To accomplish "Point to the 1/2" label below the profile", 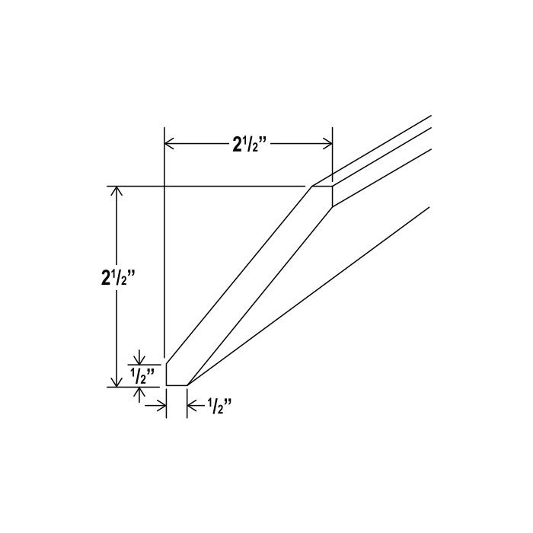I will point(219,406).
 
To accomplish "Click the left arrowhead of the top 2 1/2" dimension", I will point(171,143).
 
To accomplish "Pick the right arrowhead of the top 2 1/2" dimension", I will point(327,143).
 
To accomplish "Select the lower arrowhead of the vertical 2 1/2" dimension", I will point(116,380).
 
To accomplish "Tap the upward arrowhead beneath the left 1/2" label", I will point(140,391).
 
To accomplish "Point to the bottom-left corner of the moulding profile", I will point(166,385).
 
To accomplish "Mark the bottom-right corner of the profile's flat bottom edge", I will point(187,385).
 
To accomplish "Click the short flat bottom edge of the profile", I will point(176,385).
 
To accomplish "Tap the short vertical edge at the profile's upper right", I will point(333,196).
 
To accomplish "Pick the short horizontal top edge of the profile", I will point(323,185).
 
